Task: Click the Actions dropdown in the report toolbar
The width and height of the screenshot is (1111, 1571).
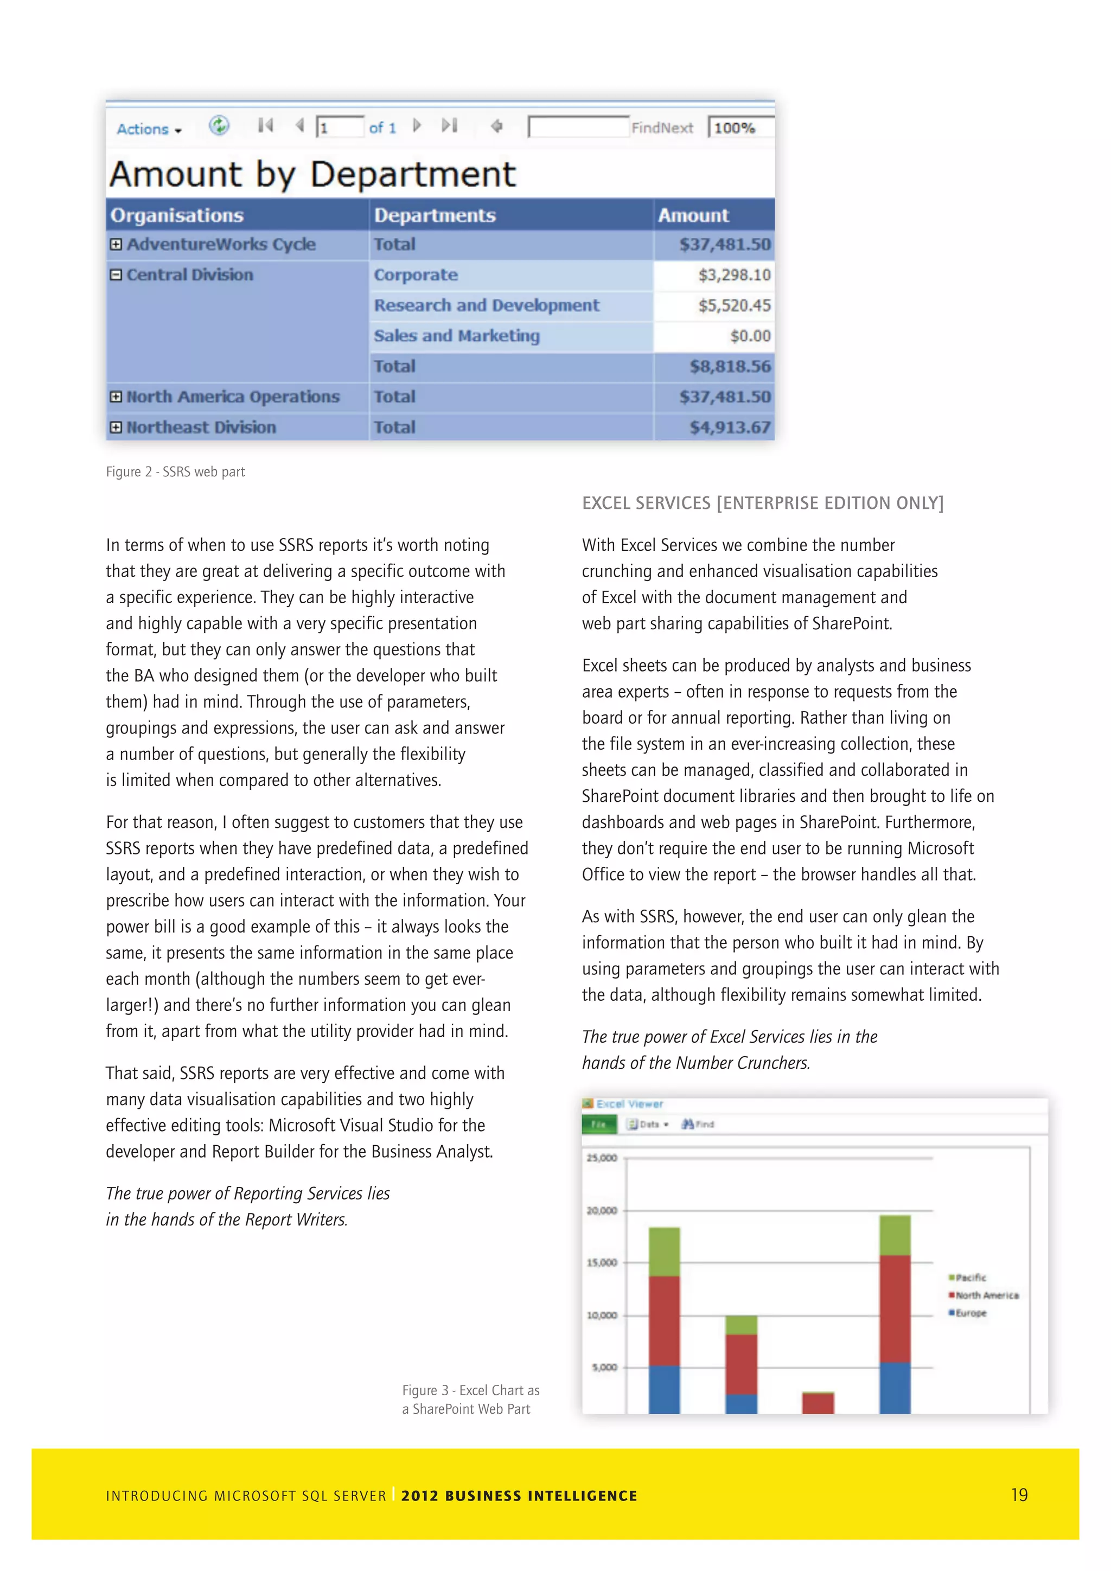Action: [x=149, y=129]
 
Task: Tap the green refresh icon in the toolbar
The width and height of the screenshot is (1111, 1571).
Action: [x=219, y=125]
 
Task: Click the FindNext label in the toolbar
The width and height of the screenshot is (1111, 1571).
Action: [x=661, y=128]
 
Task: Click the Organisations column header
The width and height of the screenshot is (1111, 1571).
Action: [x=177, y=215]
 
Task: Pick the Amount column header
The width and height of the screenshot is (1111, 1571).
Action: [x=693, y=215]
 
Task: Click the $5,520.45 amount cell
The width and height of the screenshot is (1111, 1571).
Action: [x=733, y=305]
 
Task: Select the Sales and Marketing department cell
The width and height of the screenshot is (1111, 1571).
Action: [x=456, y=336]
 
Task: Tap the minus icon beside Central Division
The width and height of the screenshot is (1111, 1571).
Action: [x=116, y=274]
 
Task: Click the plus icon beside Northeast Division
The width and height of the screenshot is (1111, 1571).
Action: [x=116, y=427]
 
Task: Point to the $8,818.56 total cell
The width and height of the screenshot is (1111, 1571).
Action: [x=729, y=367]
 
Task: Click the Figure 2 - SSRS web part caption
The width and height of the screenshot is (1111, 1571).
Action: [x=175, y=471]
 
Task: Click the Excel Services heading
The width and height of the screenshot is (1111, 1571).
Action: [x=762, y=503]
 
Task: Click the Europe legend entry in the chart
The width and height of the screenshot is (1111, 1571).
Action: [x=969, y=1313]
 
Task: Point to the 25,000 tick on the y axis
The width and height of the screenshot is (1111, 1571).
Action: [x=601, y=1158]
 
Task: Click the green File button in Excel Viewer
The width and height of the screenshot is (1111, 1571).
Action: [x=598, y=1124]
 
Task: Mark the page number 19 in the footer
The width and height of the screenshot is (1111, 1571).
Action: [x=1019, y=1495]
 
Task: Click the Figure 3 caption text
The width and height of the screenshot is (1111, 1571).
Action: [x=471, y=1399]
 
